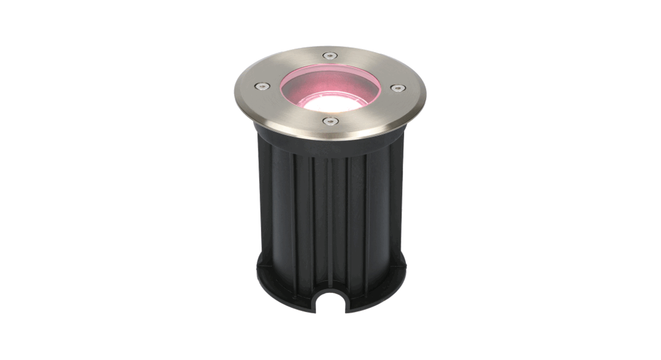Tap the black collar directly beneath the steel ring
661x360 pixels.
(x=330, y=144)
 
